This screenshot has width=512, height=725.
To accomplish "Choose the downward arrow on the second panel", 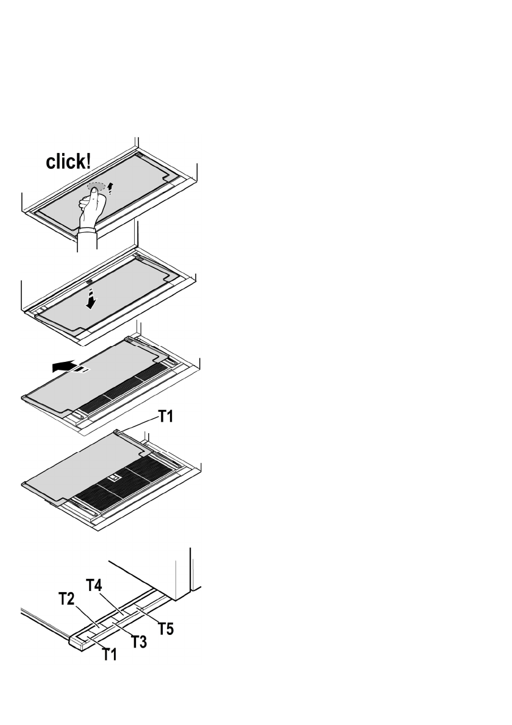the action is pyautogui.click(x=91, y=297).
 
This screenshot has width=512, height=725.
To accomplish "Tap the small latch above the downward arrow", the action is pyautogui.click(x=90, y=282).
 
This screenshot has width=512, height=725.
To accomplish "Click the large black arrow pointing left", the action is pyautogui.click(x=65, y=367).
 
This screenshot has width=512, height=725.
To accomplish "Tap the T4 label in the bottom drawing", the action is pyautogui.click(x=94, y=585).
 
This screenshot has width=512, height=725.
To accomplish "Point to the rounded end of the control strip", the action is pyautogui.click(x=75, y=643).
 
